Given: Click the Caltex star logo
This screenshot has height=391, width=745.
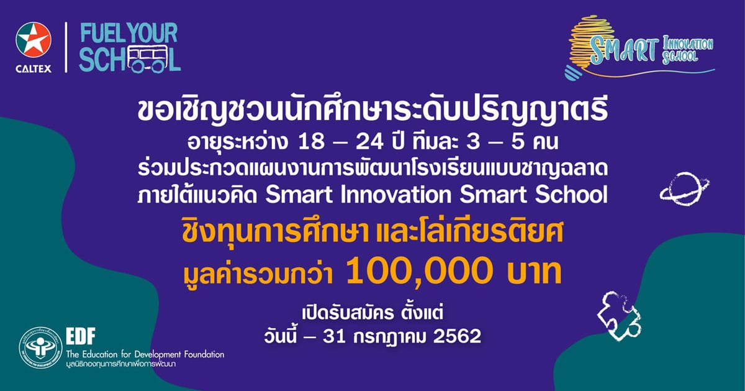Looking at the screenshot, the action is pos(34,40).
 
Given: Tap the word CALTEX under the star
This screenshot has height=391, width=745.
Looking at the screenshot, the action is pos(34,69).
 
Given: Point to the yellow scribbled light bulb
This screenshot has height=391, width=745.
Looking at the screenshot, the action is pos(589,47).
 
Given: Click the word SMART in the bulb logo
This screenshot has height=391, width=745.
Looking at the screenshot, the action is pos(625,50).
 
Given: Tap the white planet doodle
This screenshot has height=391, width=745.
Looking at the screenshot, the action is pos(684,188).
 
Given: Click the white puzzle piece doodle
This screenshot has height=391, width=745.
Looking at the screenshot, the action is pos(618,316).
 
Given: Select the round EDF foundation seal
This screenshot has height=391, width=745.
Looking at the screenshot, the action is pos(40,347).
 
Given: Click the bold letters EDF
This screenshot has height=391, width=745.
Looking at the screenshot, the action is pos(81,336).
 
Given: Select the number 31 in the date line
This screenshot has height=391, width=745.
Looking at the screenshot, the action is pos(333,336).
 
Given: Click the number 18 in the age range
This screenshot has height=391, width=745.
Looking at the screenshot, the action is pos(311,142).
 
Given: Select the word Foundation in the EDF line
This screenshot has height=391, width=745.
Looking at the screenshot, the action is pos(203,354).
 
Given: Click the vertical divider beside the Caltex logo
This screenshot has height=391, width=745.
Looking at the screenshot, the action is pos(66,47).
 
